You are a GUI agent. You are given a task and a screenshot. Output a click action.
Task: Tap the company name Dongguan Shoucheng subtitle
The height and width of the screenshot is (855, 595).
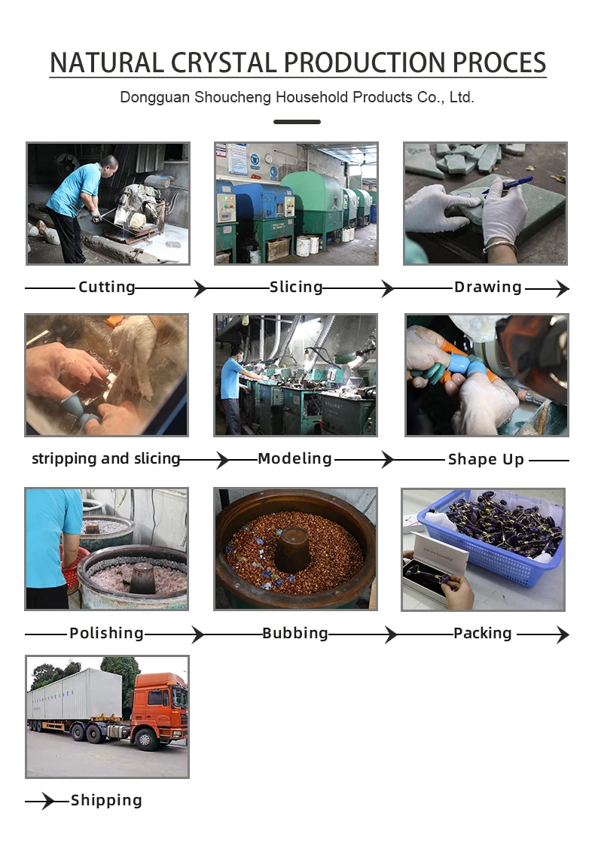[x=297, y=98]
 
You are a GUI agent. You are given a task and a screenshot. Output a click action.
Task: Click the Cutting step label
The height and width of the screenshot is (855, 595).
[x=106, y=287]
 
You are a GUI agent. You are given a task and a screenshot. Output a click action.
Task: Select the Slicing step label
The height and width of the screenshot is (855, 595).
[x=296, y=287]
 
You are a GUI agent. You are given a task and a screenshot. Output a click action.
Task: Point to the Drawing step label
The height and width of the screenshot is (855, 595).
[x=488, y=287]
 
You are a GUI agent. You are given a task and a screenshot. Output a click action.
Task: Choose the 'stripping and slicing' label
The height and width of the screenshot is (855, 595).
[x=106, y=458]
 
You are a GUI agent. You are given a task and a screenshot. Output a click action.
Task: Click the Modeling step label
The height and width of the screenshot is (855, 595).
[x=294, y=458]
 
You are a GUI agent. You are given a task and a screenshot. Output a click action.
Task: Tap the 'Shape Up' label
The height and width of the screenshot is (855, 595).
[x=486, y=460]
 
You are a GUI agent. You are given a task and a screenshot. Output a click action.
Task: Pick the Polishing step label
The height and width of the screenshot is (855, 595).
[x=106, y=633]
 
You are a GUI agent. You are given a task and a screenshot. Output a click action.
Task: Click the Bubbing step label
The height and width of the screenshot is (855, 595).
[x=294, y=633]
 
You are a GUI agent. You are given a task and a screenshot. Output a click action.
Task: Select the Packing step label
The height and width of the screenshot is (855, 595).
[x=483, y=633]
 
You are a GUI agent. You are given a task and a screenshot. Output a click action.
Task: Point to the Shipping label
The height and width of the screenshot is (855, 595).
[x=106, y=800]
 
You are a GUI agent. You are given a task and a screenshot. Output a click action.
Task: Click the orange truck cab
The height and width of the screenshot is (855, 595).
[x=159, y=707]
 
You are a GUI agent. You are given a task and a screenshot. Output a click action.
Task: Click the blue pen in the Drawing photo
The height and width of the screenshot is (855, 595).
[x=508, y=185]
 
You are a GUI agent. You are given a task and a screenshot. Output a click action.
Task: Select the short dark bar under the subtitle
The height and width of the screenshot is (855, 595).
[x=297, y=122]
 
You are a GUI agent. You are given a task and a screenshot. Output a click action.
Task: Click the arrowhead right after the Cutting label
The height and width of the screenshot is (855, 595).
[x=201, y=288]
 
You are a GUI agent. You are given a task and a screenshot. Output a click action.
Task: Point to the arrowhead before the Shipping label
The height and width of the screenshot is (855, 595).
[x=48, y=801]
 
